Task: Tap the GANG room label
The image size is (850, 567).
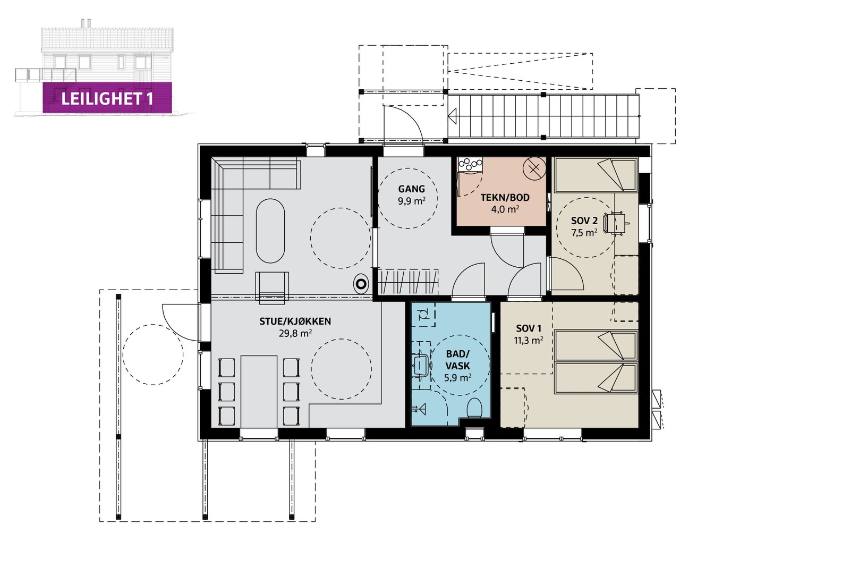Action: click(x=411, y=189)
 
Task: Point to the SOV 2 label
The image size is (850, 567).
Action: click(x=584, y=221)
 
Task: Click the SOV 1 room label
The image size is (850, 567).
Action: click(x=529, y=328)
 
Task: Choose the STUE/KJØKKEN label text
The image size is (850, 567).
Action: click(x=295, y=321)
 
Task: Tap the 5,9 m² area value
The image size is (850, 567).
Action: click(x=457, y=377)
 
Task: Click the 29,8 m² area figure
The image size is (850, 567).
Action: click(x=295, y=333)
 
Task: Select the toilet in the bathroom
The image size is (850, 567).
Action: click(x=474, y=408)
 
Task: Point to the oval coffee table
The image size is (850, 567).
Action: click(x=270, y=231)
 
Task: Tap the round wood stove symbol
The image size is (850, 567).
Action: click(x=361, y=284)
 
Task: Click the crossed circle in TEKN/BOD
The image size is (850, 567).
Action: click(x=534, y=168)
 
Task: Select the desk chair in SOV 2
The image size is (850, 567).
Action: click(x=614, y=223)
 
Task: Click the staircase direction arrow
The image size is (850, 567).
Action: click(x=452, y=116)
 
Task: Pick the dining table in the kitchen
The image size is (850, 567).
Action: click(x=259, y=391)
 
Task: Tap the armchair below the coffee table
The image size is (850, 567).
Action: click(x=272, y=287)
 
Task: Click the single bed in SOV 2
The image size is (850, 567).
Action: click(x=596, y=175)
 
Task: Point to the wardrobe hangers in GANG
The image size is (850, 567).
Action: click(x=408, y=282)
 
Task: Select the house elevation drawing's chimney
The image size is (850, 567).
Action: click(x=85, y=23)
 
